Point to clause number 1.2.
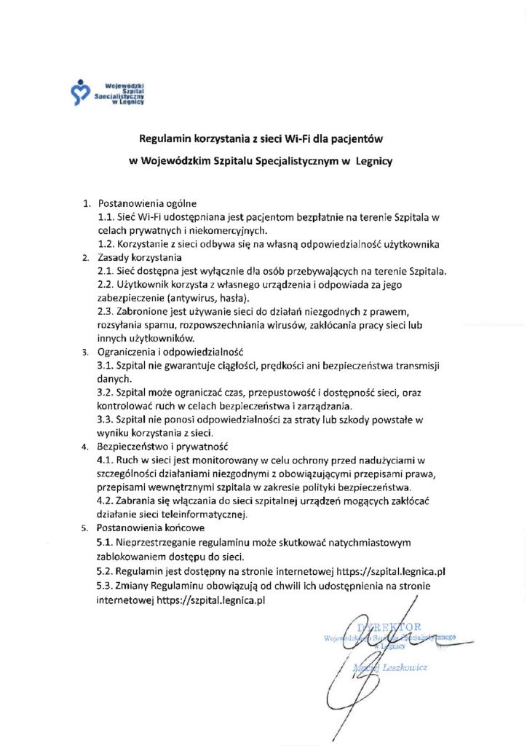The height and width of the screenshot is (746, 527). tap(106, 243)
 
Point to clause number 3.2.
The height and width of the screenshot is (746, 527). tap(106, 392)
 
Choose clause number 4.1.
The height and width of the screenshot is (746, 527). tap(106, 460)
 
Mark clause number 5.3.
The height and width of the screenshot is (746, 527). tap(106, 587)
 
